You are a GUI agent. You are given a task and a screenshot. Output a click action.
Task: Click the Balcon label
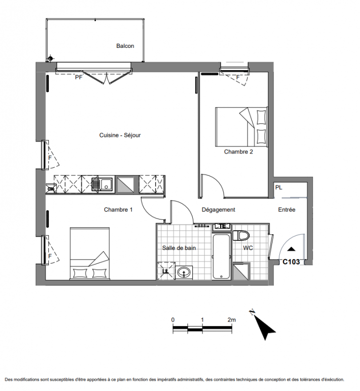coord(125,46)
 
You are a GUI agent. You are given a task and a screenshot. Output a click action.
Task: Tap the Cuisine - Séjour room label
coord(120,135)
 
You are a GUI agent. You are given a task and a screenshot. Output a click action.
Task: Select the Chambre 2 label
coord(239,152)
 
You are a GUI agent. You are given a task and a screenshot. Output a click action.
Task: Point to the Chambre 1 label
coord(118,210)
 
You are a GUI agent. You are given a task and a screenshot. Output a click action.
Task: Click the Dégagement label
coord(218,210)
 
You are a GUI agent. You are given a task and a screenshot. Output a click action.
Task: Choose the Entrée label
coord(287,210)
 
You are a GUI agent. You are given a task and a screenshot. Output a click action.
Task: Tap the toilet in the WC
coord(241,236)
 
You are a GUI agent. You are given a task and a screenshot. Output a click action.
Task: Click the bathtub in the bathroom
coord(221,257)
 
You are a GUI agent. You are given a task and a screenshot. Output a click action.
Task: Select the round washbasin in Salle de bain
coord(184,272)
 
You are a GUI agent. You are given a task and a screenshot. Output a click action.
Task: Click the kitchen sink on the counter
coord(103,185)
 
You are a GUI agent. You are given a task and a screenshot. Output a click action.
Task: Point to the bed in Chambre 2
coord(241,127)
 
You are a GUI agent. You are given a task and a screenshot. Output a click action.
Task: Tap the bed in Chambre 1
coord(90,253)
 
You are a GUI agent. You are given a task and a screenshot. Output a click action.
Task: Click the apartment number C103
coord(291,261)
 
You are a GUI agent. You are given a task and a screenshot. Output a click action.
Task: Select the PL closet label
coord(279,187)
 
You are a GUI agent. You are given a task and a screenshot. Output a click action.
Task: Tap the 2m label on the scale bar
coord(232,320)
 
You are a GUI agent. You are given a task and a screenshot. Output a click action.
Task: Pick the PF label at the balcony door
coord(79,77)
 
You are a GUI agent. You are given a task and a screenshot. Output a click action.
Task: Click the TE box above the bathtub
coord(222,227)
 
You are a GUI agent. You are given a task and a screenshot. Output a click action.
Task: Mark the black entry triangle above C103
coord(291,249)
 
